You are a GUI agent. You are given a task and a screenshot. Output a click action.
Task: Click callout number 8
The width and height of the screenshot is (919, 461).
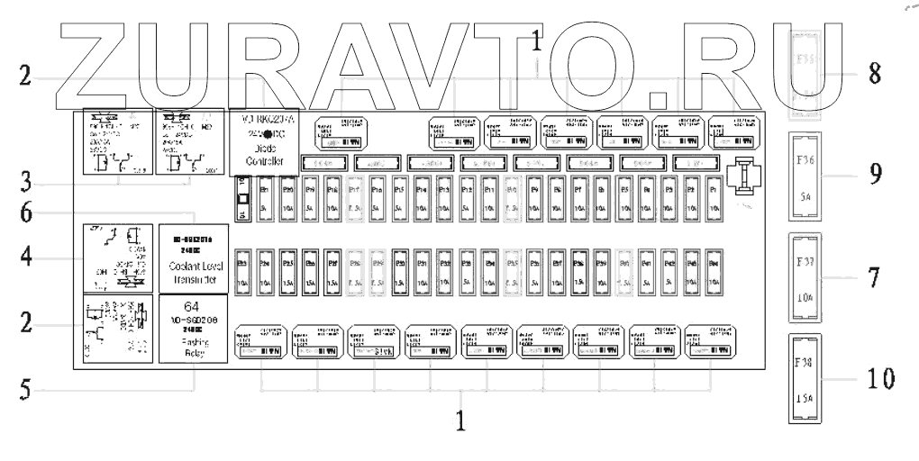click(874, 74)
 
